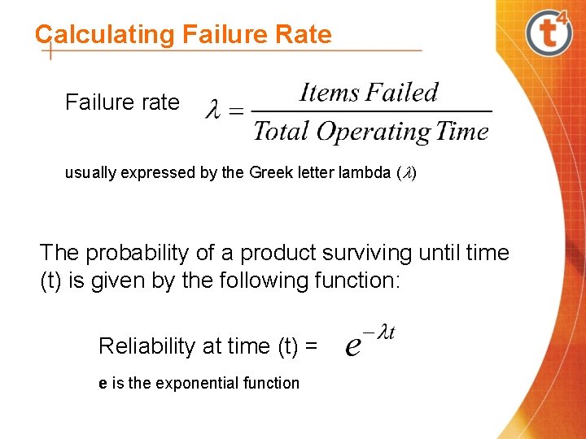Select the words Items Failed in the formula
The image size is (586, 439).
point(369,93)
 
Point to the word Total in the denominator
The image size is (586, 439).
point(282,132)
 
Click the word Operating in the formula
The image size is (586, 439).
point(374,133)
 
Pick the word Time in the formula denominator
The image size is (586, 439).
point(462,132)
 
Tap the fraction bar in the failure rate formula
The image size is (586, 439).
point(371,111)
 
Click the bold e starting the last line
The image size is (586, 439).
point(103,384)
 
